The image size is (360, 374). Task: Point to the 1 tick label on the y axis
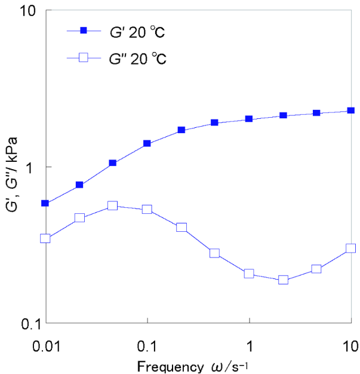[30, 167]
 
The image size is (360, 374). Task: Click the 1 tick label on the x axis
[249, 346]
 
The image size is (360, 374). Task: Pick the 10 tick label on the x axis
[350, 346]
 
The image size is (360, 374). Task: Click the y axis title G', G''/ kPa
[10, 167]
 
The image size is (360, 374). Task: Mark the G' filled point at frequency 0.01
[45, 203]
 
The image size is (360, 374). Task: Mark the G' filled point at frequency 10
[351, 111]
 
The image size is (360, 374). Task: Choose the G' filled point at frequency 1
[249, 119]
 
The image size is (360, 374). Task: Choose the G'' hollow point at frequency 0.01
[45, 238]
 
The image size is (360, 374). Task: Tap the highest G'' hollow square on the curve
[112, 206]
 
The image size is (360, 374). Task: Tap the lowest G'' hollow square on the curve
[283, 280]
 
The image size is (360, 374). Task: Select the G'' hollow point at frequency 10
[351, 248]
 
